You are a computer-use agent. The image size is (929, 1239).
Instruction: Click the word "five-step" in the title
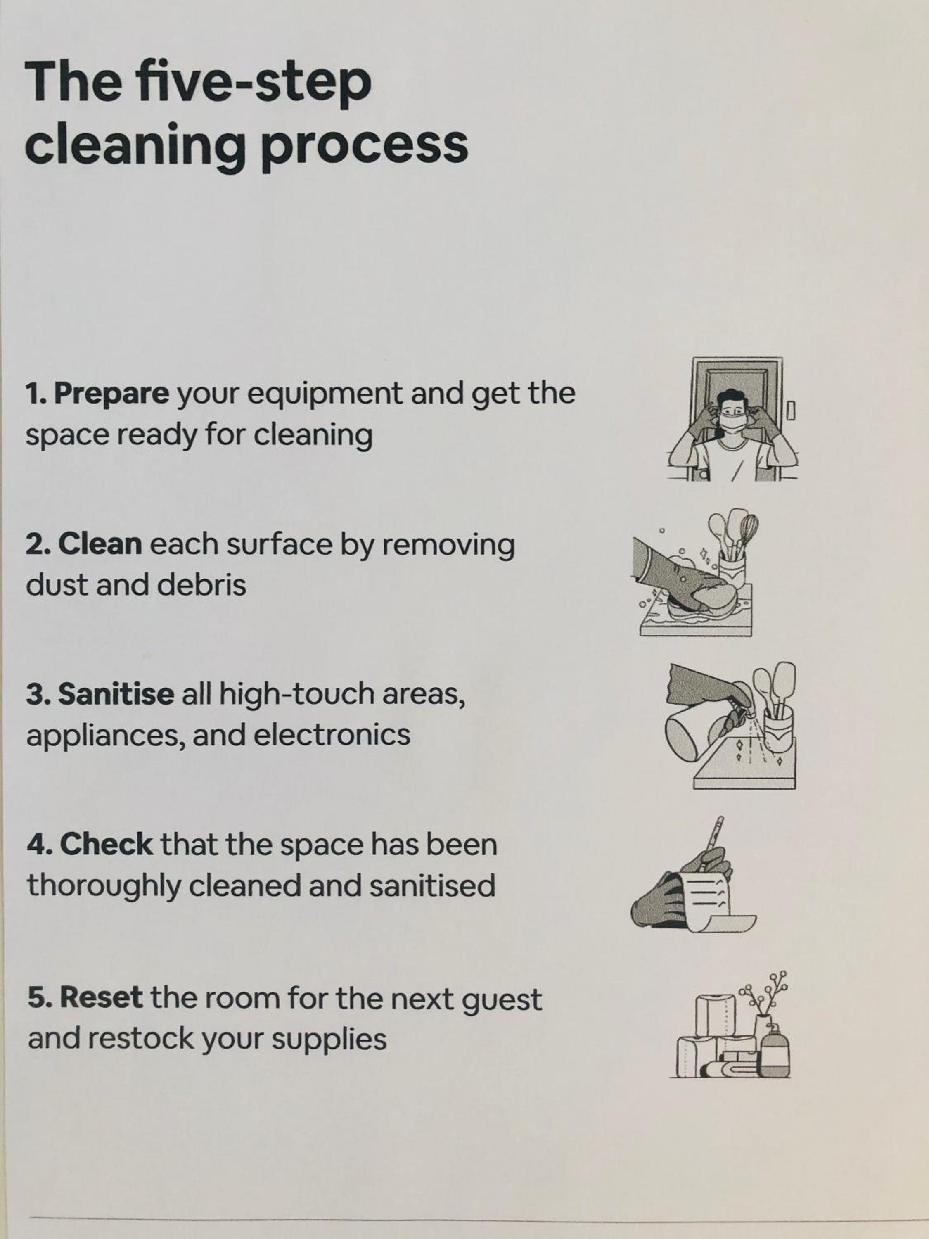coord(254,82)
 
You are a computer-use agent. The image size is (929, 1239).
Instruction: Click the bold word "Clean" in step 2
coord(100,544)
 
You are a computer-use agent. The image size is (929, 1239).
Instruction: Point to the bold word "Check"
coord(107,844)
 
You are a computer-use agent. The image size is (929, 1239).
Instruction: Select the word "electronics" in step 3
coord(332,734)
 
